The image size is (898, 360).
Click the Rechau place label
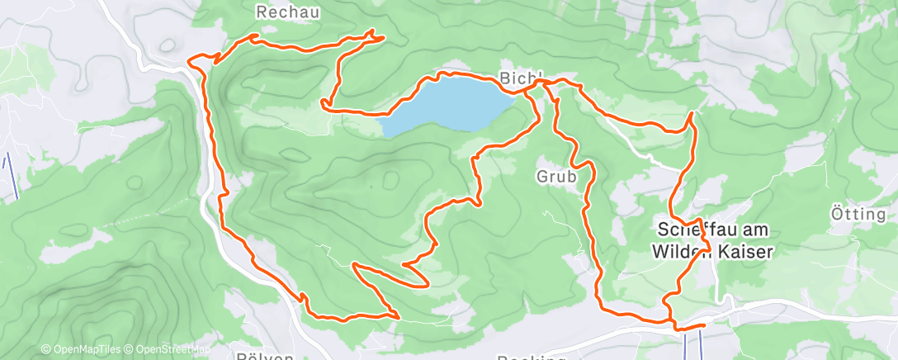click(287, 12)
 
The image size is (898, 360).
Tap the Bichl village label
click(520, 78)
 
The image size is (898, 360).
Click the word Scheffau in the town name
click(696, 230)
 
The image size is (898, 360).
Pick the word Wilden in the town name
click(682, 253)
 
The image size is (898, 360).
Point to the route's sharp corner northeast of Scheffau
click(691, 113)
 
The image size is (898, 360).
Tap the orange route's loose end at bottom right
click(703, 325)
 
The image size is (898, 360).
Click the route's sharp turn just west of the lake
click(323, 103)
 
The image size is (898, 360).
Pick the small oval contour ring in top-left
click(168, 45)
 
